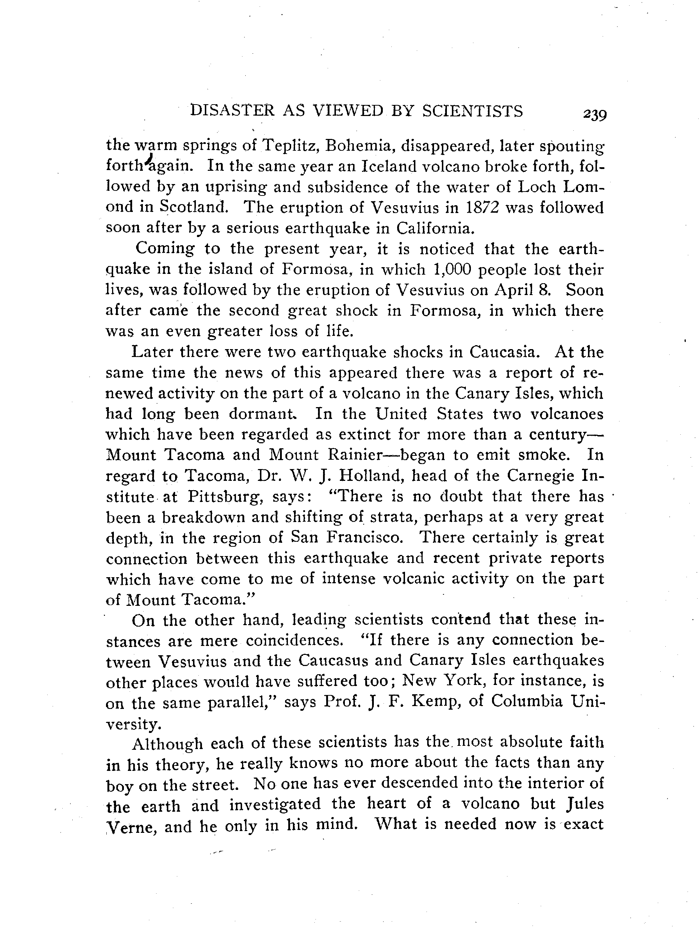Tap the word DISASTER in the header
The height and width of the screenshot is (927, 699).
pos(231,111)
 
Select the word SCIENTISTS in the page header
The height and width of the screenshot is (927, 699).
pos(472,111)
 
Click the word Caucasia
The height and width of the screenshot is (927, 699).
pos(502,352)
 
